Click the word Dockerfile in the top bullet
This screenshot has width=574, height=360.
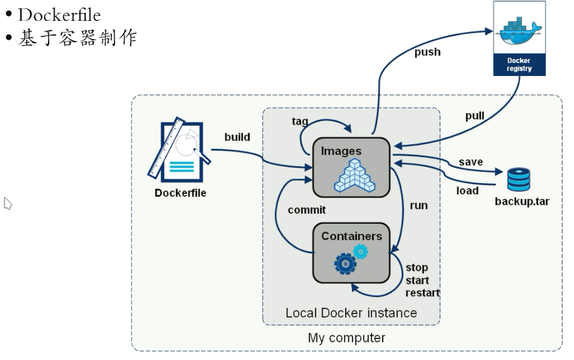(59, 14)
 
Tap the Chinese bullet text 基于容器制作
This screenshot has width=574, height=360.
(77, 38)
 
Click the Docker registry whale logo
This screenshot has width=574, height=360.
(519, 29)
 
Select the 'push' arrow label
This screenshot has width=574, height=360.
(427, 52)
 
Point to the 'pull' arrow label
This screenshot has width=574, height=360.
(475, 116)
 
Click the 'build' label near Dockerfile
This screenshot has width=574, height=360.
(237, 137)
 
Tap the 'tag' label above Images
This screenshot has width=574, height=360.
(300, 122)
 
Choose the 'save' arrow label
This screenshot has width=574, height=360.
(471, 162)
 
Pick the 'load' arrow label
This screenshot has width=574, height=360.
(467, 190)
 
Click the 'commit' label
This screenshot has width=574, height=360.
(306, 210)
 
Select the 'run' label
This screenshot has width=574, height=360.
(419, 205)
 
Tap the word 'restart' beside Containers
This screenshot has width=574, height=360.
(423, 293)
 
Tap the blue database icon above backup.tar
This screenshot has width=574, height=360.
(518, 179)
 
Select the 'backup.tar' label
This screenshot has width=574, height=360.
(522, 201)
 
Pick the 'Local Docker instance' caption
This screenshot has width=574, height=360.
(351, 313)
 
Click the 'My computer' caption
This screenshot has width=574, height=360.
(346, 338)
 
